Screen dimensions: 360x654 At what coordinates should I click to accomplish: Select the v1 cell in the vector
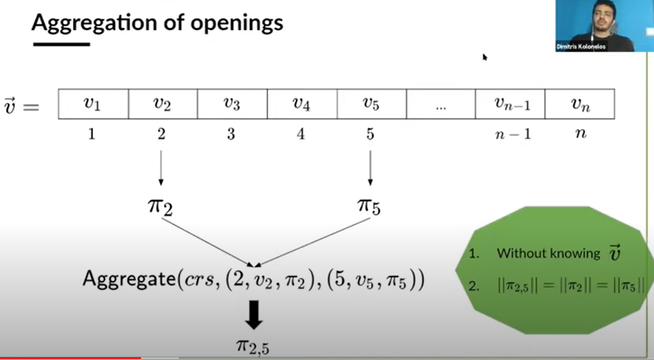92,104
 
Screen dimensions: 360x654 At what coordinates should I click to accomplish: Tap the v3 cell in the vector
232,104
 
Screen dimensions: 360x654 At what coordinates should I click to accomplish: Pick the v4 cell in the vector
301,104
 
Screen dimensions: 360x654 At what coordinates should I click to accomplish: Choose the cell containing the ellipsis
441,104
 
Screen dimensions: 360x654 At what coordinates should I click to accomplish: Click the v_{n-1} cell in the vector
510,104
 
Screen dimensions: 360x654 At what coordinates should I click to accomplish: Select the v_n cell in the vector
580,104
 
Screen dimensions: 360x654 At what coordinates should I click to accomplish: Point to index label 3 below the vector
231,134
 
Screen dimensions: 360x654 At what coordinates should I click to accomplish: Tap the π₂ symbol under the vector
160,207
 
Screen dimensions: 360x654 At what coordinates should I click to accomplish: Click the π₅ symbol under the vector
369,207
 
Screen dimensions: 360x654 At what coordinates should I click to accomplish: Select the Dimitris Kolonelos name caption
581,47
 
